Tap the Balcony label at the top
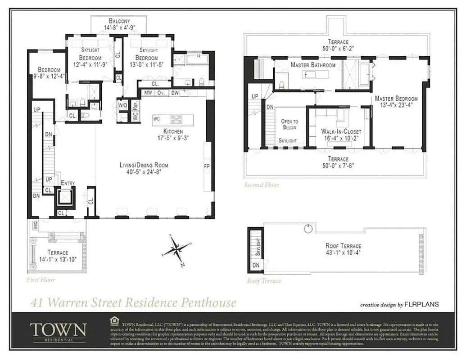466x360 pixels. tap(119, 21)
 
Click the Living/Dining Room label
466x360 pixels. tap(144, 165)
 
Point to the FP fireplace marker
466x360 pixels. tap(207, 166)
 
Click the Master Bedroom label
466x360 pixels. tap(396, 98)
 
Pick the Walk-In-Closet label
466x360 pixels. tap(341, 131)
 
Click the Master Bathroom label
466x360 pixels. tap(313, 65)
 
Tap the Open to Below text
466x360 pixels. tap(290, 124)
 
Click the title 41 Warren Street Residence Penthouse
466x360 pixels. tap(133, 302)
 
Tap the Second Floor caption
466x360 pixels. tap(262, 185)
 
